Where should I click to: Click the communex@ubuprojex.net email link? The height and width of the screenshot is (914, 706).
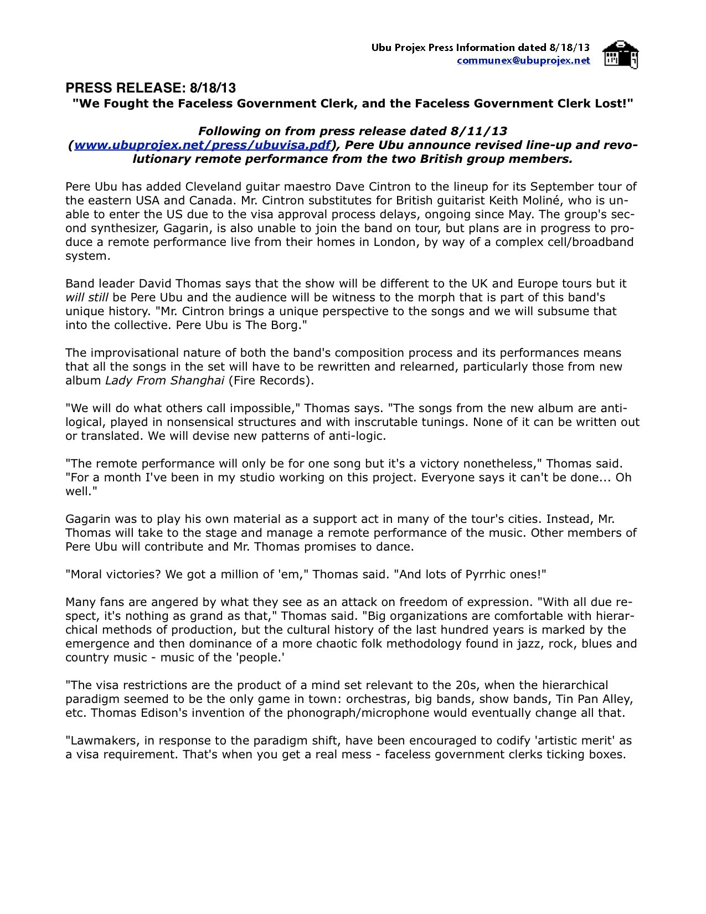point(523,60)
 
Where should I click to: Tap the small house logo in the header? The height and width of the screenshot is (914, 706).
point(620,54)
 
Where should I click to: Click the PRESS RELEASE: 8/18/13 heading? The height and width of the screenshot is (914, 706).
point(151,88)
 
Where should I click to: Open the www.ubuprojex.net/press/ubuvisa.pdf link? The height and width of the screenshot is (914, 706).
point(202,145)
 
